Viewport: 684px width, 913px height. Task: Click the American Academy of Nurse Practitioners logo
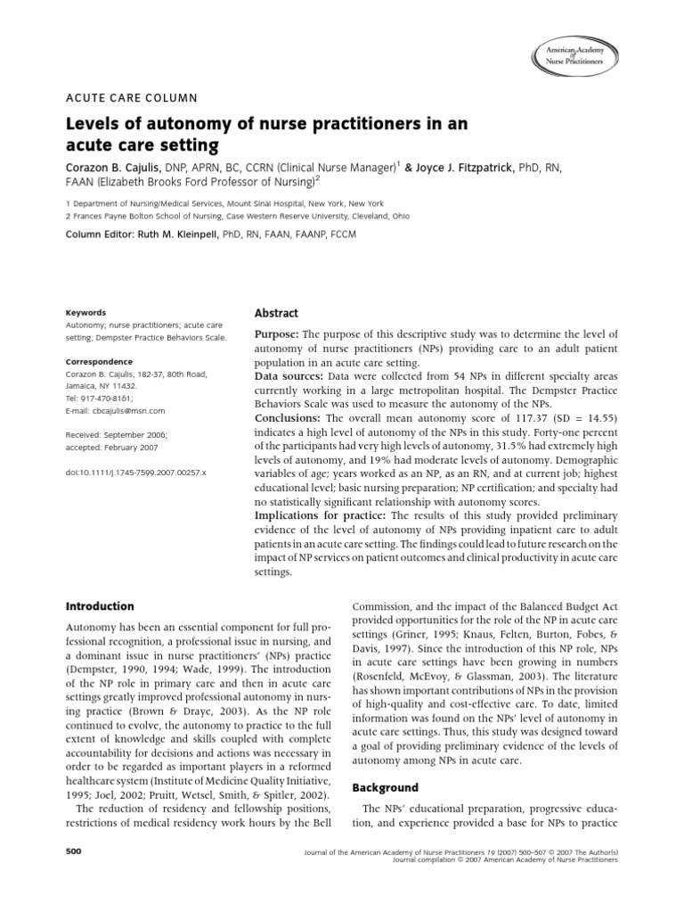click(x=574, y=56)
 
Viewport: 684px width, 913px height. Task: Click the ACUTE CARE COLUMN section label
click(x=132, y=98)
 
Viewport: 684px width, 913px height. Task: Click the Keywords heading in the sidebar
click(x=86, y=313)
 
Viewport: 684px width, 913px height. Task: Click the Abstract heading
click(x=277, y=313)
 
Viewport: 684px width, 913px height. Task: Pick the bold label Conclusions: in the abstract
click(x=289, y=418)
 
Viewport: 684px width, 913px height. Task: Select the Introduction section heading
click(x=101, y=606)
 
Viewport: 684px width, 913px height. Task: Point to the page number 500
click(x=74, y=852)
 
